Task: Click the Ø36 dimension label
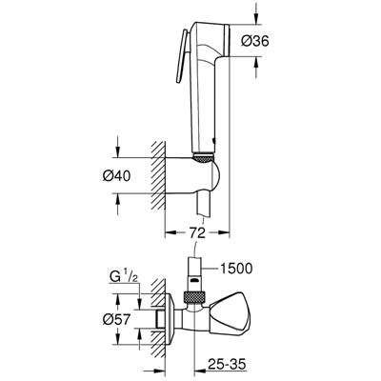[254, 41]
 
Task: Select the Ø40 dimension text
[116, 176]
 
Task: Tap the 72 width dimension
[197, 233]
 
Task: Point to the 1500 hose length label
[236, 269]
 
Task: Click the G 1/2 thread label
[124, 278]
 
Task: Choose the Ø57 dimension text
[116, 319]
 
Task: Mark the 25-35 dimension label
[227, 365]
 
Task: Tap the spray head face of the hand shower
[227, 41]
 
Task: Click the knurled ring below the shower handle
[203, 157]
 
